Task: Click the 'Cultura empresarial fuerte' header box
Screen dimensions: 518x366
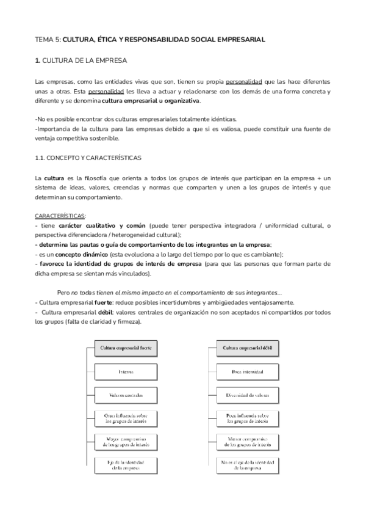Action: [126, 348]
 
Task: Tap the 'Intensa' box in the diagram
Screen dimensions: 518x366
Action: [126, 371]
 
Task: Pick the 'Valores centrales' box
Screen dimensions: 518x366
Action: [126, 395]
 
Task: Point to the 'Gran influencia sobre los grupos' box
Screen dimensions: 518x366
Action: [126, 418]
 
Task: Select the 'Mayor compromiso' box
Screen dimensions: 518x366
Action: [126, 441]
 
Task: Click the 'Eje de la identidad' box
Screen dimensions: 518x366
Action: [126, 465]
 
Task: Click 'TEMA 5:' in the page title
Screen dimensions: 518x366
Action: [48, 40]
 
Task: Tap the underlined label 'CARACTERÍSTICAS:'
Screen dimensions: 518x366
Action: [60, 216]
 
